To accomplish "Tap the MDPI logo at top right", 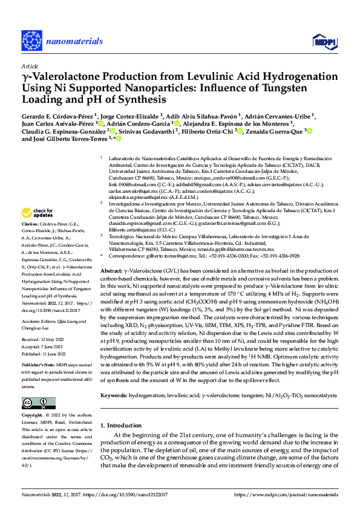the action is (x=324, y=41).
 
